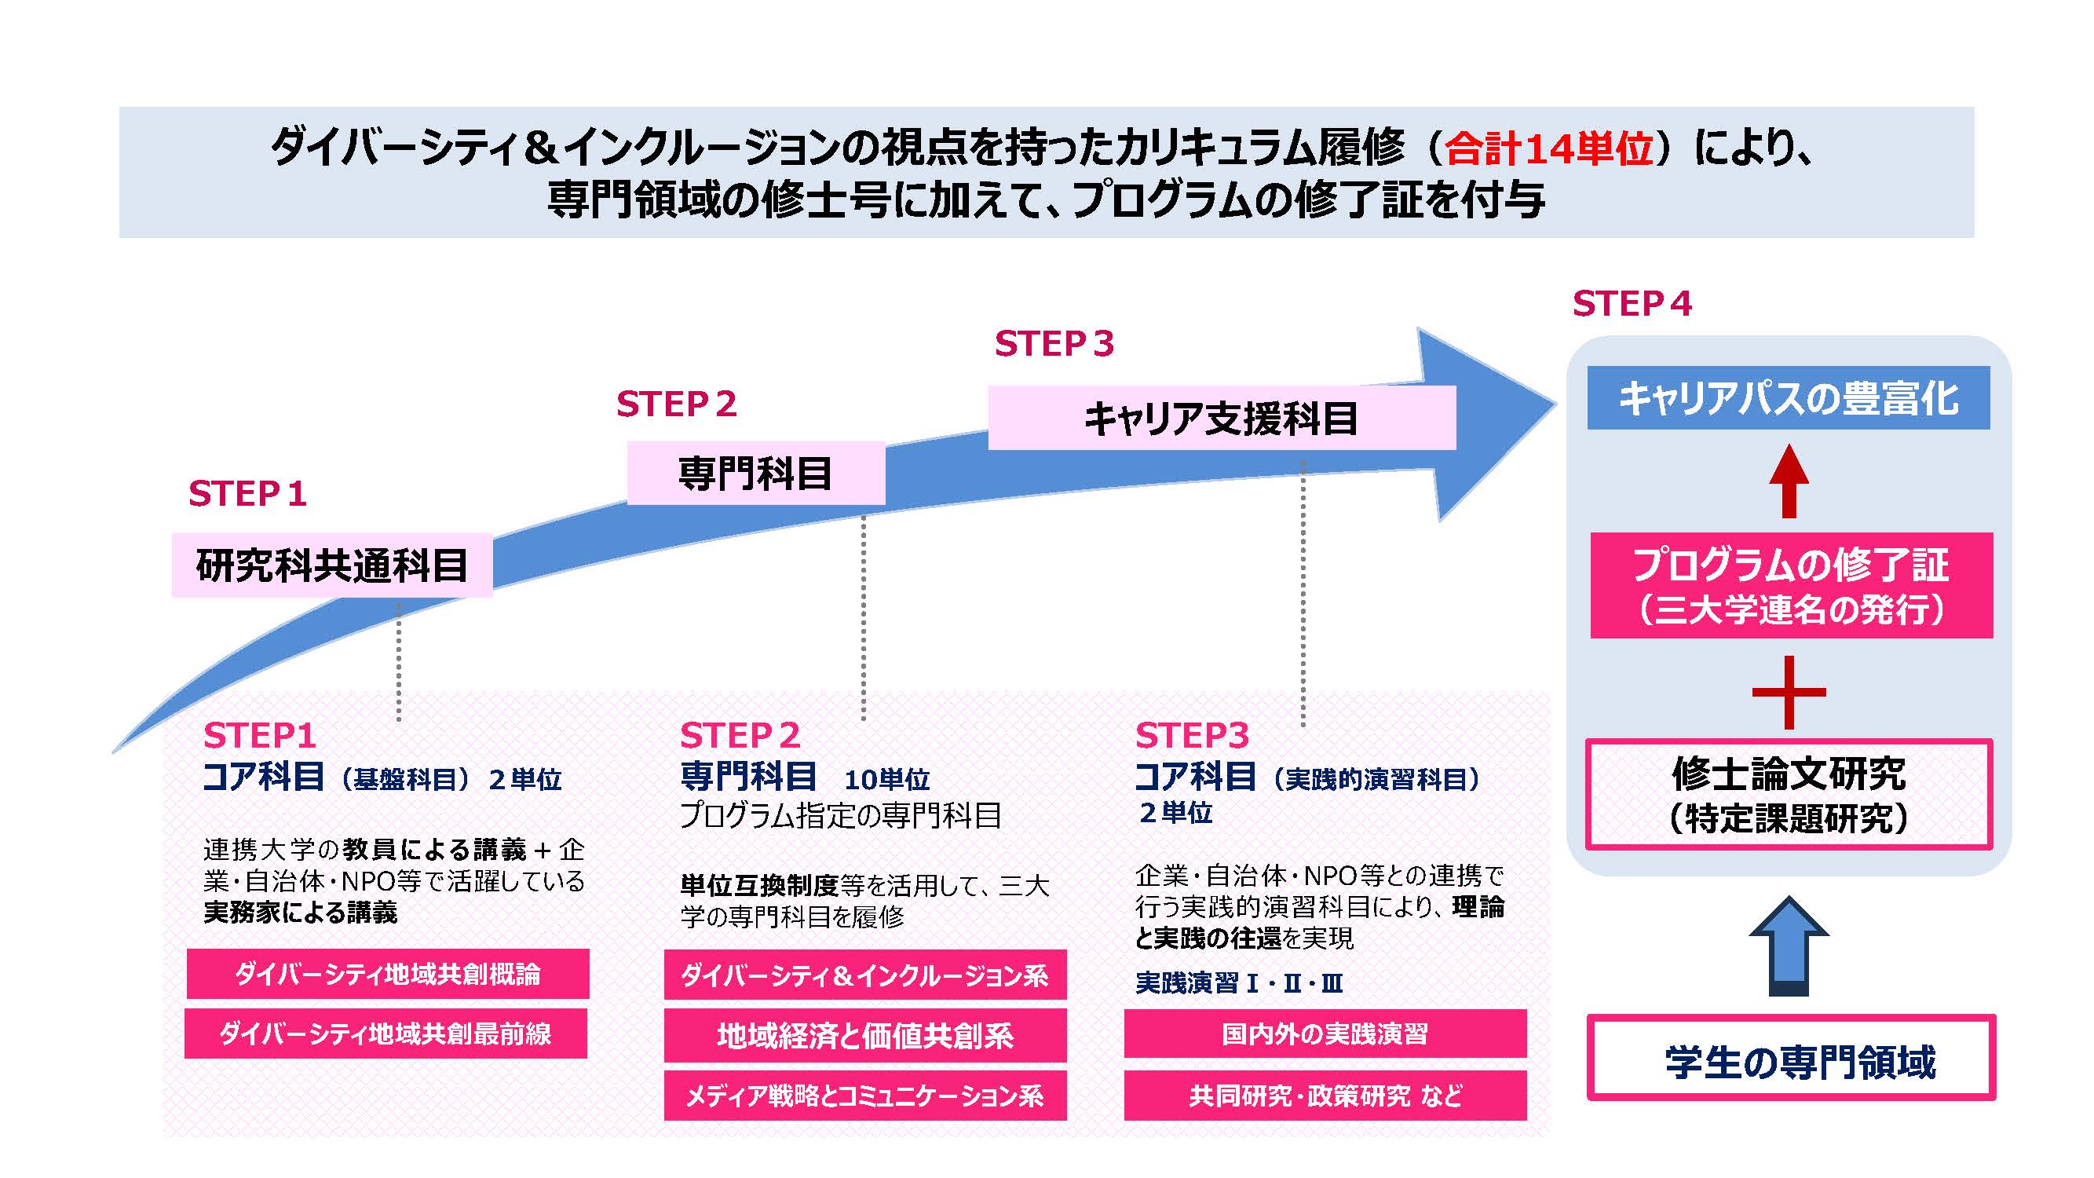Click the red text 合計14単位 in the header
point(1548,148)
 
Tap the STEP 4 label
point(1632,304)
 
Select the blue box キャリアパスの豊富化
point(1789,398)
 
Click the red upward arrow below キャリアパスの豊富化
point(1789,481)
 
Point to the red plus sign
point(1789,693)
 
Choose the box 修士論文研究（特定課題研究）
point(1789,794)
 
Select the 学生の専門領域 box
point(1791,1059)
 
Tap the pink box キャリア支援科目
point(1221,419)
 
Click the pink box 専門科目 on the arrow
point(755,473)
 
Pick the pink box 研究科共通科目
point(331,565)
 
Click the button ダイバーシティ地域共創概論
point(388,974)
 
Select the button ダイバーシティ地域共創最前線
point(386,1034)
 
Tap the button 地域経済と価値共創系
point(865,1036)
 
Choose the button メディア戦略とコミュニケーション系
point(865,1096)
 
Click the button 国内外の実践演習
point(1325,1034)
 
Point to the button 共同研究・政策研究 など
point(1325,1096)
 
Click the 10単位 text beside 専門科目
point(886,780)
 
